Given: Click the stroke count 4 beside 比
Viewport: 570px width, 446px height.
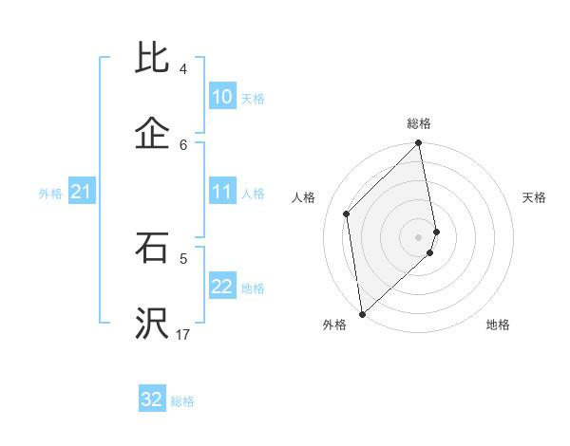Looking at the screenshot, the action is pyautogui.click(x=183, y=69).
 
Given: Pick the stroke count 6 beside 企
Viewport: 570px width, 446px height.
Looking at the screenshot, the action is pyautogui.click(x=183, y=144).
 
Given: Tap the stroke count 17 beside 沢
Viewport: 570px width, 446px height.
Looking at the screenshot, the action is pyautogui.click(x=183, y=335).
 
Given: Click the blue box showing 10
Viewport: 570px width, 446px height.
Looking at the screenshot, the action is pyautogui.click(x=222, y=97).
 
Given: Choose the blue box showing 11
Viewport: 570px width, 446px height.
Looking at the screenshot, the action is pyautogui.click(x=222, y=192).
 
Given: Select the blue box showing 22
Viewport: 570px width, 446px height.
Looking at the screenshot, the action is pyautogui.click(x=222, y=287).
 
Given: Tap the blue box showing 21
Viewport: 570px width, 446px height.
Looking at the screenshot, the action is pyautogui.click(x=81, y=193).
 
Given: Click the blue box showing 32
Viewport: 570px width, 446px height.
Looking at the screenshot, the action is pyautogui.click(x=152, y=400).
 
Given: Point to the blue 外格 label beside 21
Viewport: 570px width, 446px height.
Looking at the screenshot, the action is pyautogui.click(x=50, y=194).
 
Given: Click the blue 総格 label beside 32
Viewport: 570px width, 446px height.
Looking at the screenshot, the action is pyautogui.click(x=182, y=401).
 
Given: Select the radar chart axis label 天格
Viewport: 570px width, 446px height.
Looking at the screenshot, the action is pyautogui.click(x=535, y=197).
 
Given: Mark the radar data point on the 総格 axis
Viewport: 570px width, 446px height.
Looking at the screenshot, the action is pyautogui.click(x=419, y=144).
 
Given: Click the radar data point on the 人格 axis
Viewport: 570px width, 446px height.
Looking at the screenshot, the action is pyautogui.click(x=347, y=214).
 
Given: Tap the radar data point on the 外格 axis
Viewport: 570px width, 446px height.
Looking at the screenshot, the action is pyautogui.click(x=362, y=313).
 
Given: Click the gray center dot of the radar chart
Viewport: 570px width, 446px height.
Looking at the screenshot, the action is pyautogui.click(x=419, y=237).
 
